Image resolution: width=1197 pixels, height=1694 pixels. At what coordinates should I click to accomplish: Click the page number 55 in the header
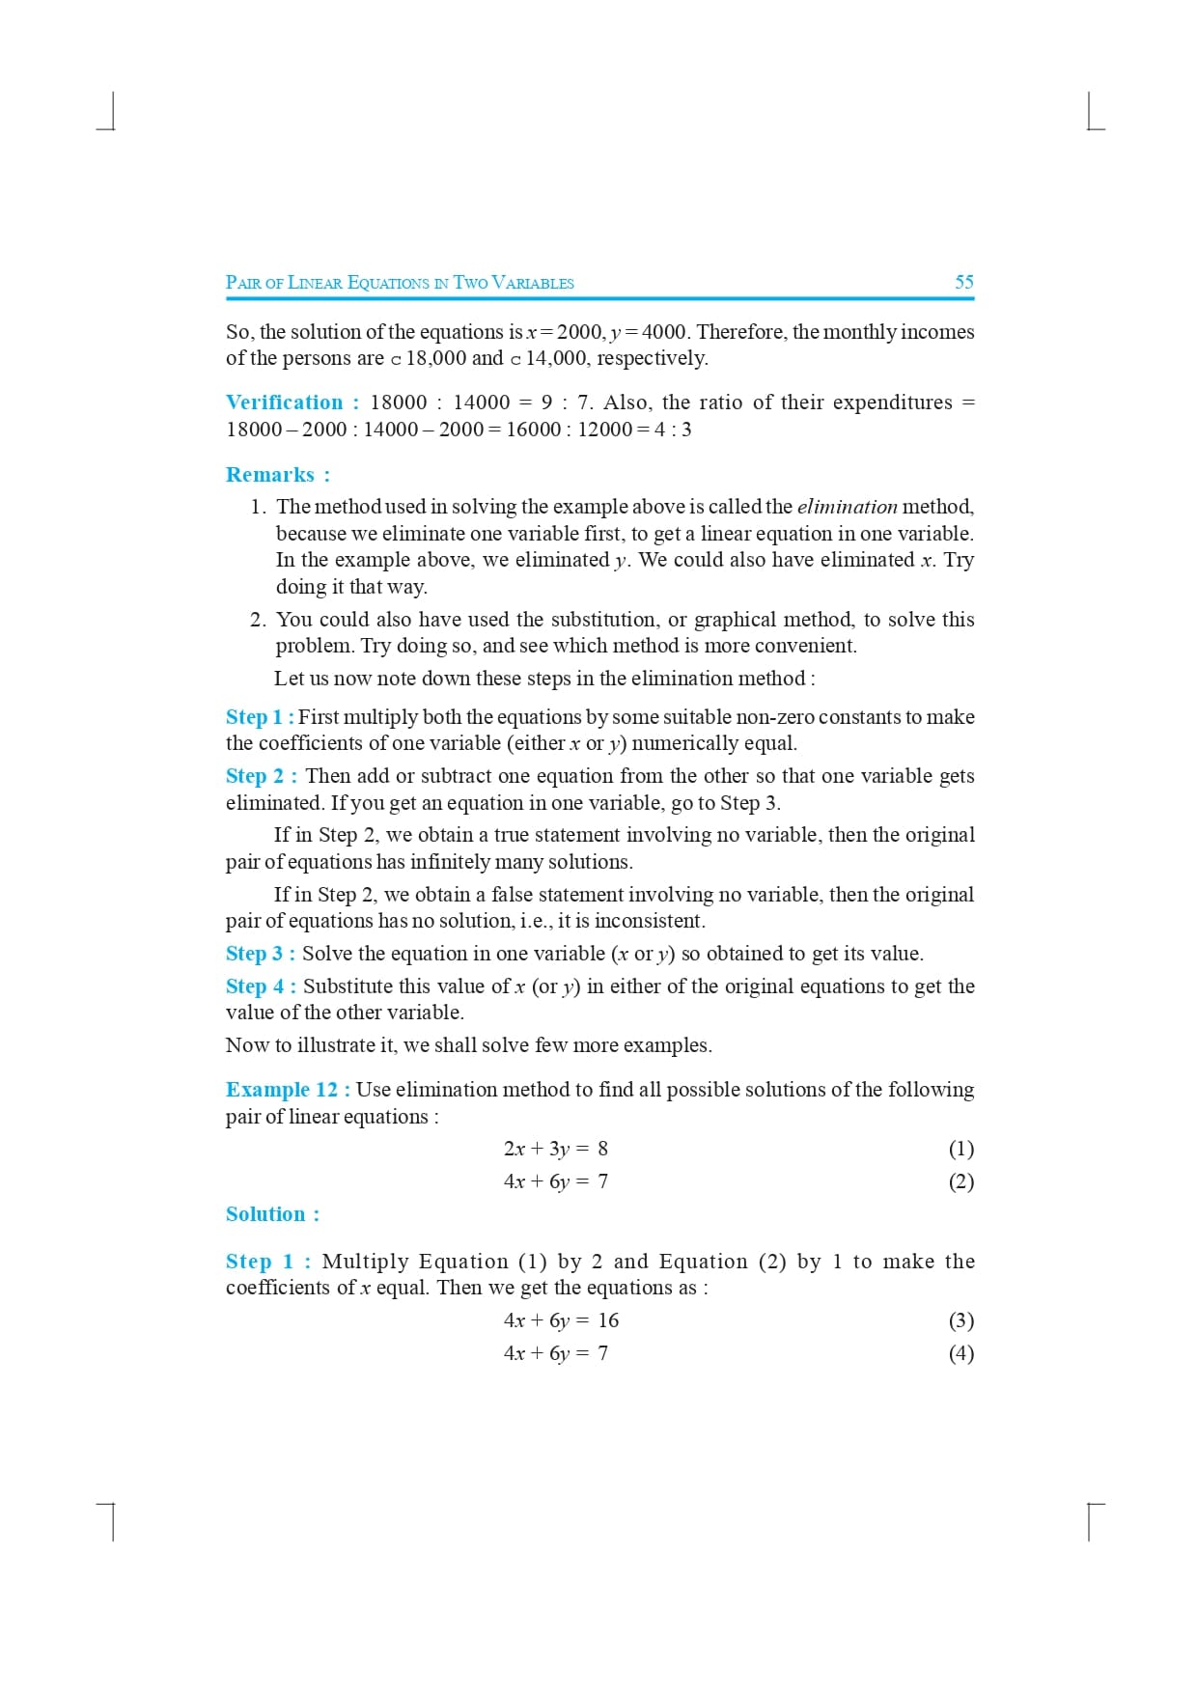(x=963, y=282)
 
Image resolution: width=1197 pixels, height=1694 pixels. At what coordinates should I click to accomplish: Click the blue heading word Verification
(x=284, y=403)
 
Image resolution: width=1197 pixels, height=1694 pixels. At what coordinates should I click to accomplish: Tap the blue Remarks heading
(x=270, y=475)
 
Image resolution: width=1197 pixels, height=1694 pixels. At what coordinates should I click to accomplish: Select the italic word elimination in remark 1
(x=847, y=507)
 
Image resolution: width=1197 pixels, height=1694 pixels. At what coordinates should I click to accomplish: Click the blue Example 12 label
(x=282, y=1090)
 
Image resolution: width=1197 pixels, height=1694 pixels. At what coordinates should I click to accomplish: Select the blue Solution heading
(x=265, y=1214)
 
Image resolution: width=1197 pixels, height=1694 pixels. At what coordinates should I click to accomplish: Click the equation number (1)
(x=960, y=1149)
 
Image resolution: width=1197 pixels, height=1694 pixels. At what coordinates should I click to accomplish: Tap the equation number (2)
(x=960, y=1181)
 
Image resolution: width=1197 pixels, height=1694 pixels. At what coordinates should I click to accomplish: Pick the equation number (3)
(x=960, y=1320)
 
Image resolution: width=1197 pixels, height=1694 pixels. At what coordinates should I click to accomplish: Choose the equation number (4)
(x=960, y=1353)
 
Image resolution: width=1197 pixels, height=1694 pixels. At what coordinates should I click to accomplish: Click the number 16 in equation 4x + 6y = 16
(x=608, y=1320)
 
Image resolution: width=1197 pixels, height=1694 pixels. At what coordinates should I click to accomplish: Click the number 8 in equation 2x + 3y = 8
(x=602, y=1149)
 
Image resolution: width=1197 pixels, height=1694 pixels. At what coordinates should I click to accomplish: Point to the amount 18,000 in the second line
(x=435, y=358)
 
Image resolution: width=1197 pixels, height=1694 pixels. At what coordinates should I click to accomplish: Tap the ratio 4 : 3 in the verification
(x=673, y=430)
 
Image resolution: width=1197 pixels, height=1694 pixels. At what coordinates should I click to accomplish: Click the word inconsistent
(x=650, y=921)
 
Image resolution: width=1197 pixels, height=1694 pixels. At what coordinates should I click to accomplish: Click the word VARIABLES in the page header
(x=533, y=283)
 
